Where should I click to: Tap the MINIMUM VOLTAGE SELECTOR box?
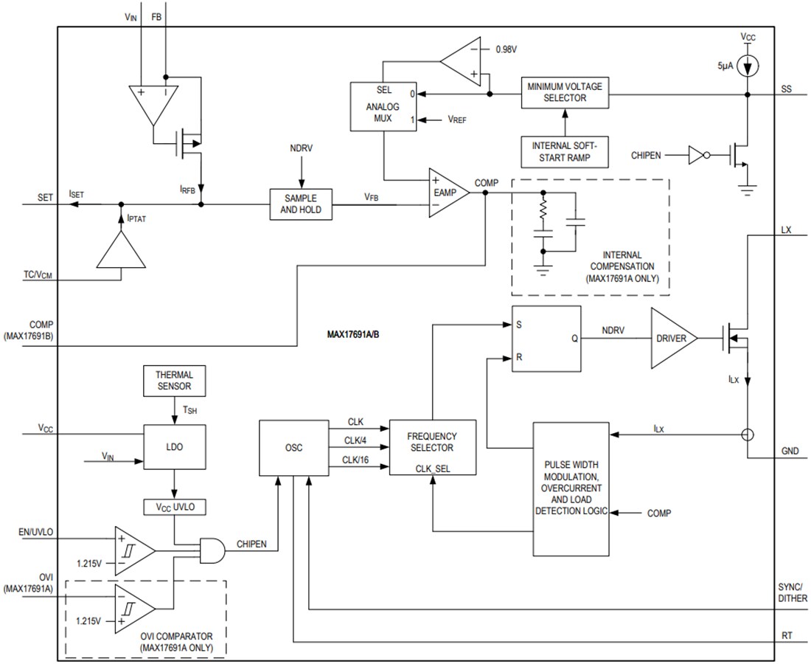click(x=565, y=92)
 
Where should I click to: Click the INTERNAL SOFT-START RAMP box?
click(x=565, y=152)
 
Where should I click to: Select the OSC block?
click(x=293, y=448)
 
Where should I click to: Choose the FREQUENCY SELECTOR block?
click(x=432, y=448)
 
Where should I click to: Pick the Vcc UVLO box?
click(x=174, y=508)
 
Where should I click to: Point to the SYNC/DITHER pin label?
click(x=792, y=592)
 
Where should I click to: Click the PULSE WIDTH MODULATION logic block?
click(x=571, y=489)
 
